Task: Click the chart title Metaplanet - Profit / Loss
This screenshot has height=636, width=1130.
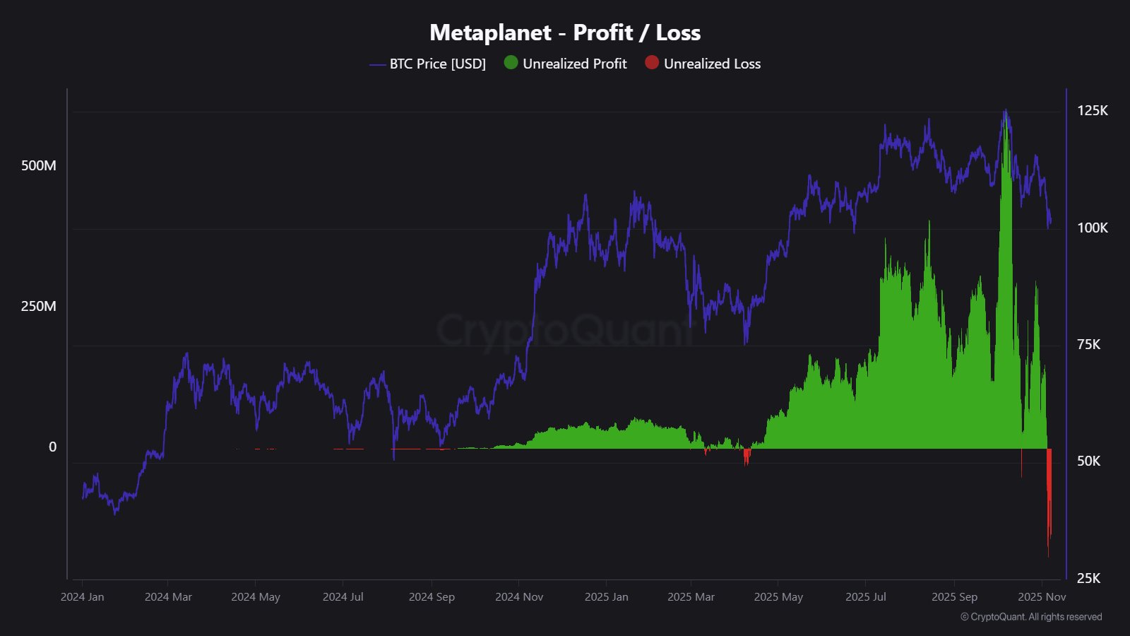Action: click(x=565, y=33)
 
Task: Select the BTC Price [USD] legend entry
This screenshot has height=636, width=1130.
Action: click(x=437, y=64)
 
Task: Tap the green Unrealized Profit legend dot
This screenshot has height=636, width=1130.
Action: click(x=511, y=63)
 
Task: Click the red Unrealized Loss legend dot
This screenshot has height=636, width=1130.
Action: click(x=652, y=63)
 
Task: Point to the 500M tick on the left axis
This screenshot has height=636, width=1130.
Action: click(x=39, y=165)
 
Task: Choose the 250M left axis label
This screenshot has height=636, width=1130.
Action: click(x=39, y=306)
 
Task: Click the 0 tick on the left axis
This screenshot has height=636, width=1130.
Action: click(x=52, y=447)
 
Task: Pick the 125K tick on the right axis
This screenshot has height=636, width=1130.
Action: click(x=1092, y=110)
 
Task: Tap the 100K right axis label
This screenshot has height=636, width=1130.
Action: click(x=1092, y=228)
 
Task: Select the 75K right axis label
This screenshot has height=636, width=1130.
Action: click(x=1088, y=344)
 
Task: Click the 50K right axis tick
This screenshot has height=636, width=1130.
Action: click(x=1088, y=461)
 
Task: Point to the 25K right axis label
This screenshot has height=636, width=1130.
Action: click(x=1088, y=578)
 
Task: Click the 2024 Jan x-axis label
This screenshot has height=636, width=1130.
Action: click(x=82, y=597)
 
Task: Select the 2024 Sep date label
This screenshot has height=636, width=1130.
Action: click(x=432, y=597)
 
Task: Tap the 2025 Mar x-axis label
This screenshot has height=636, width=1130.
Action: click(x=691, y=597)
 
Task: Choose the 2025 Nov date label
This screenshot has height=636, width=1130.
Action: click(x=1042, y=597)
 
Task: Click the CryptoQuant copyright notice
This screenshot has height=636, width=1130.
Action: click(x=1031, y=617)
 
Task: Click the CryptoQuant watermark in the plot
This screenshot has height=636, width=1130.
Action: click(x=565, y=330)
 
